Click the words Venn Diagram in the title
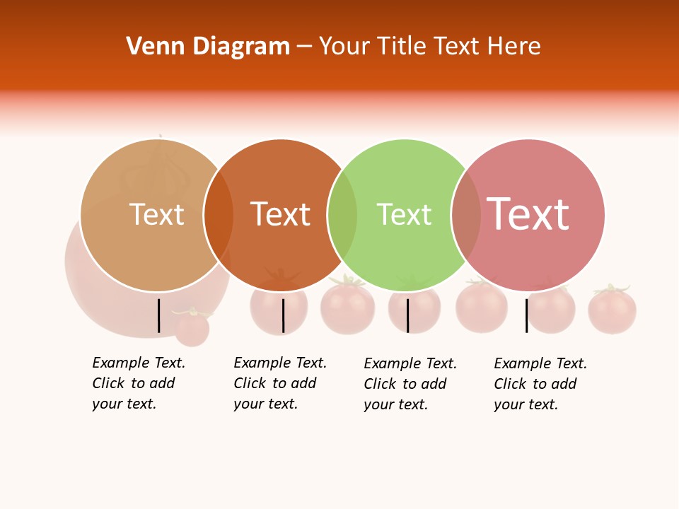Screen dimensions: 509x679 click(208, 47)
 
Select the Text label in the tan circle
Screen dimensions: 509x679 click(156, 214)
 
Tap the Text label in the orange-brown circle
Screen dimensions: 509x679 click(280, 214)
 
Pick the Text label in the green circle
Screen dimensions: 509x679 click(404, 214)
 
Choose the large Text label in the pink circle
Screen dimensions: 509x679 click(528, 214)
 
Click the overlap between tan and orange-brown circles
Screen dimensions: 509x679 click(219, 215)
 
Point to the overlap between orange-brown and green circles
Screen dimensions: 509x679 click(342, 215)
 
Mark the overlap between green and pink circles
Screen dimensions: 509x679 click(466, 215)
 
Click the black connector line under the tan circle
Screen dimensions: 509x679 click(159, 315)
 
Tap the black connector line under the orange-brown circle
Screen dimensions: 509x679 click(283, 315)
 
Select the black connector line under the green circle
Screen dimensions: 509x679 click(407, 315)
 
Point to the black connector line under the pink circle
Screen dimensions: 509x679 click(526, 315)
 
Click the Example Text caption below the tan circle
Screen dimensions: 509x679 click(139, 383)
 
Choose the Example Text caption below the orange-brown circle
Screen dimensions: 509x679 click(280, 383)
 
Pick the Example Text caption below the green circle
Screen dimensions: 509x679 click(410, 384)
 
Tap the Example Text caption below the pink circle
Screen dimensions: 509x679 click(540, 384)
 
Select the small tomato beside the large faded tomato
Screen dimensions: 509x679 click(192, 327)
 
